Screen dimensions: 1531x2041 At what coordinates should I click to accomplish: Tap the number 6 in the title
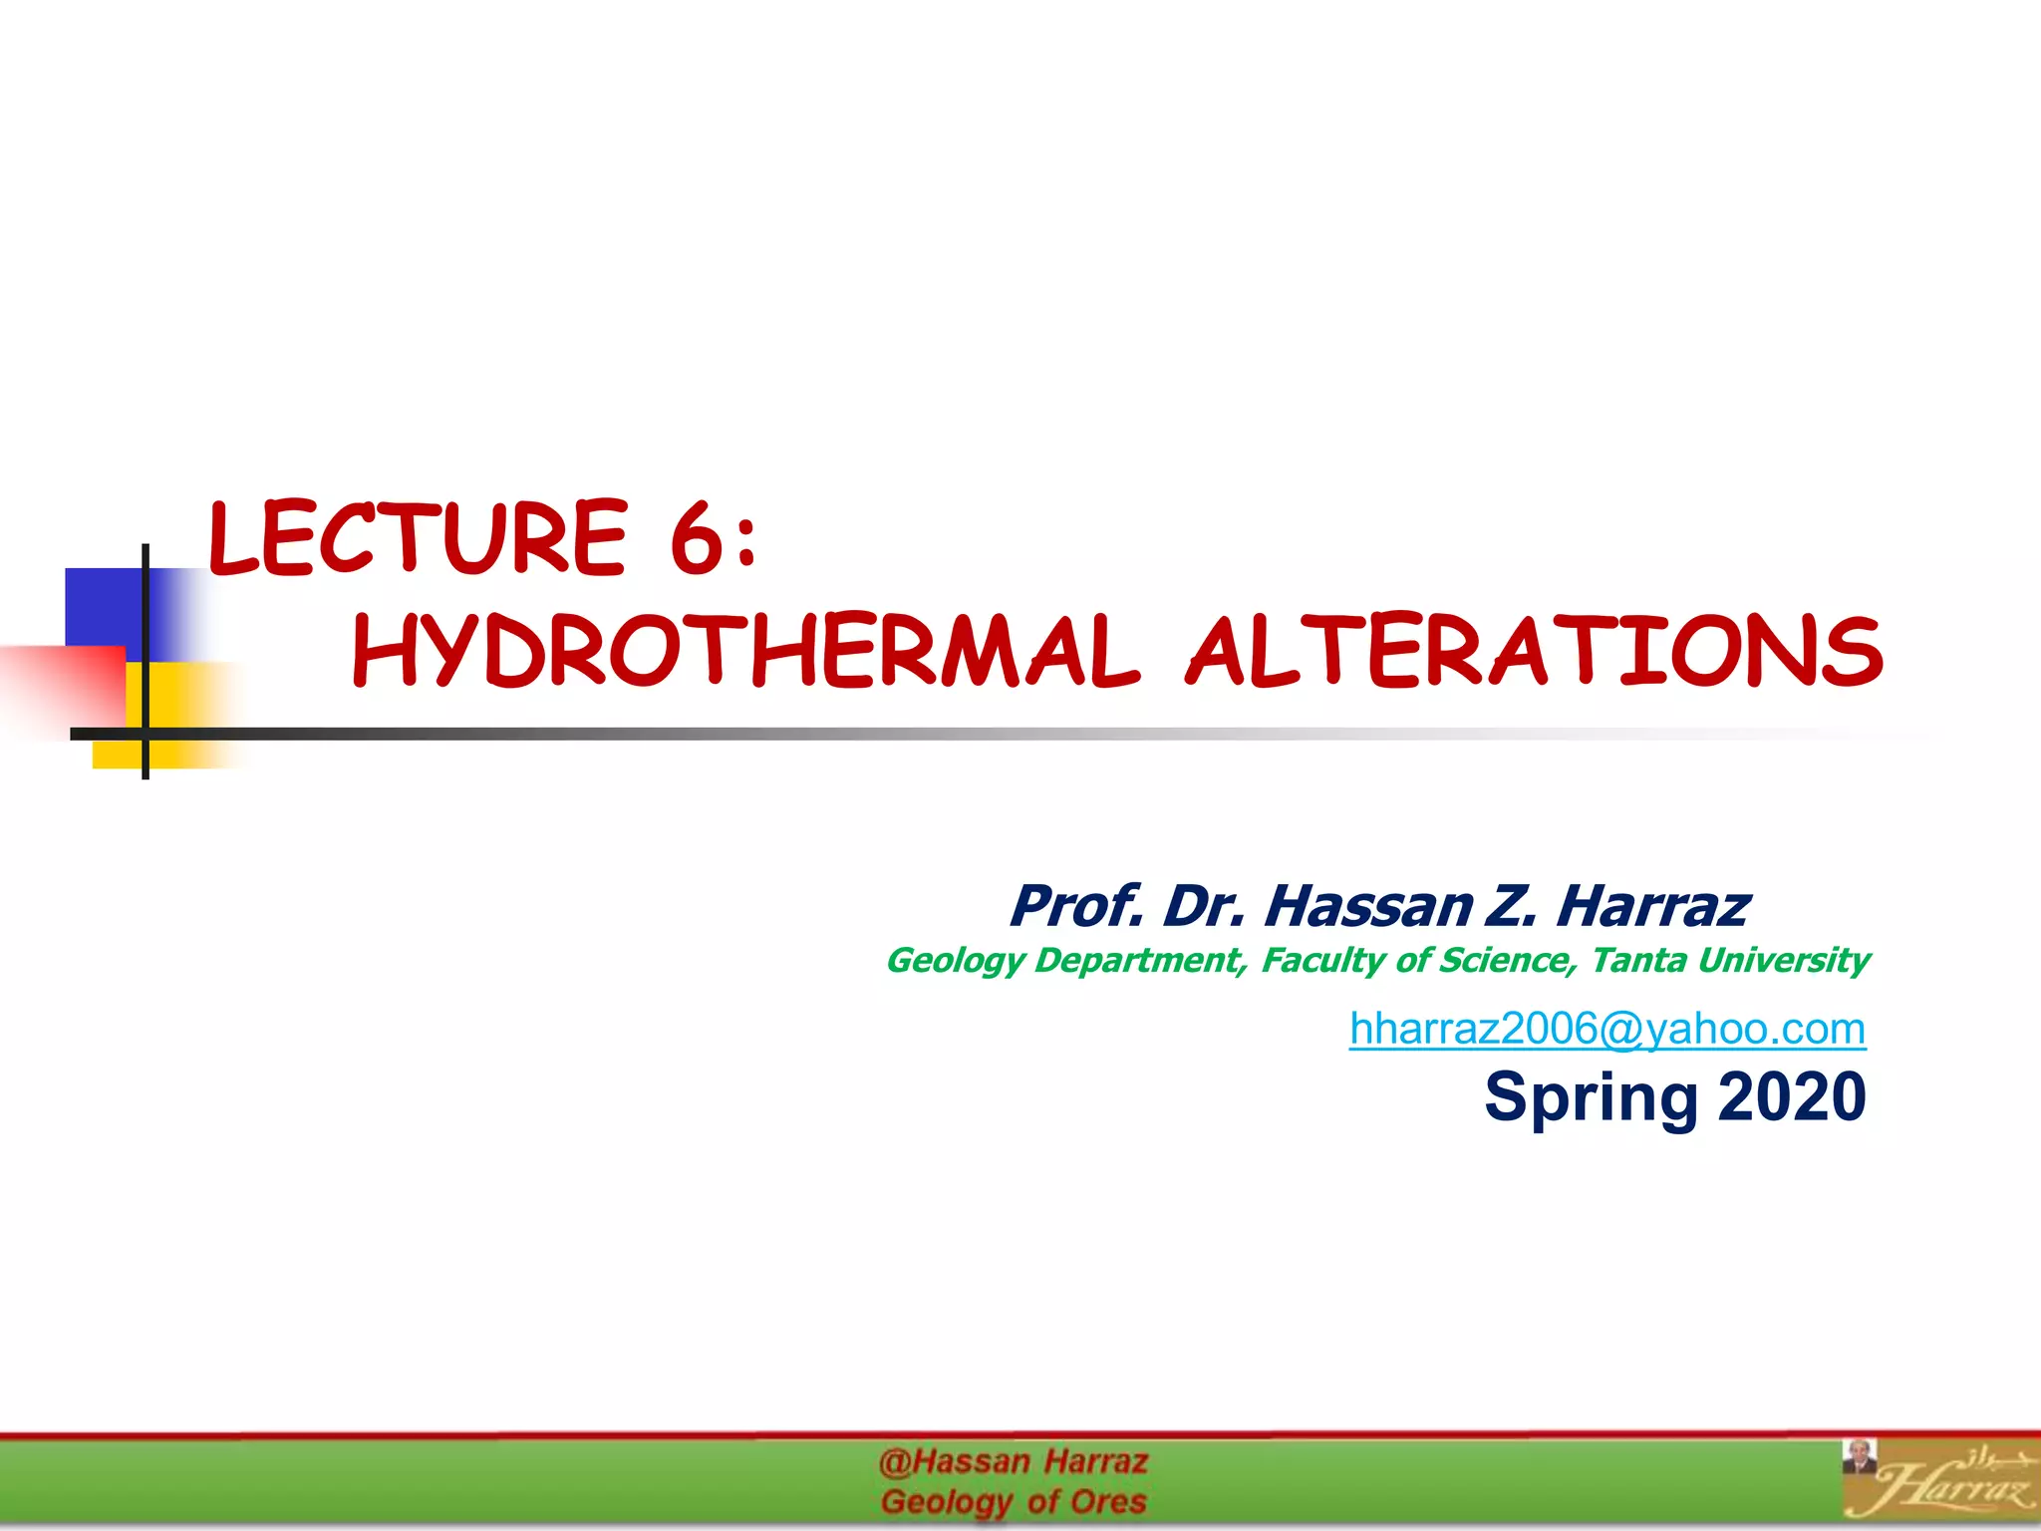pyautogui.click(x=695, y=538)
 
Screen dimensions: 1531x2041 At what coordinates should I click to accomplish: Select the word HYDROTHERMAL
pyautogui.click(x=745, y=652)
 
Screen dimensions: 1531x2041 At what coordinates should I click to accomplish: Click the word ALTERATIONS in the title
pyautogui.click(x=1534, y=652)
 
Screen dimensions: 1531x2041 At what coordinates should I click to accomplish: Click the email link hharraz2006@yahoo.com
pyautogui.click(x=1607, y=1029)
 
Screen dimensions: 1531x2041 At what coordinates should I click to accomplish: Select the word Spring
pyautogui.click(x=1591, y=1097)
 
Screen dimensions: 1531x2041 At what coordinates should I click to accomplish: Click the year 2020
pyautogui.click(x=1792, y=1096)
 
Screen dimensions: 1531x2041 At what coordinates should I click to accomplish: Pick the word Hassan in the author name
pyautogui.click(x=1368, y=906)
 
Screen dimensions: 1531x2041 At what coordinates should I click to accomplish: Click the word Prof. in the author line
pyautogui.click(x=1076, y=906)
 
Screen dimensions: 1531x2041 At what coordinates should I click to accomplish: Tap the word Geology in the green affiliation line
pyautogui.click(x=955, y=960)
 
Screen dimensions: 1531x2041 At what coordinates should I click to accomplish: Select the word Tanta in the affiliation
pyautogui.click(x=1638, y=960)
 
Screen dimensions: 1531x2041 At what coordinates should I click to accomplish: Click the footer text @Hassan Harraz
pyautogui.click(x=1014, y=1462)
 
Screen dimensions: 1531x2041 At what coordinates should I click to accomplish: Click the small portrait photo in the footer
pyautogui.click(x=1859, y=1456)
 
